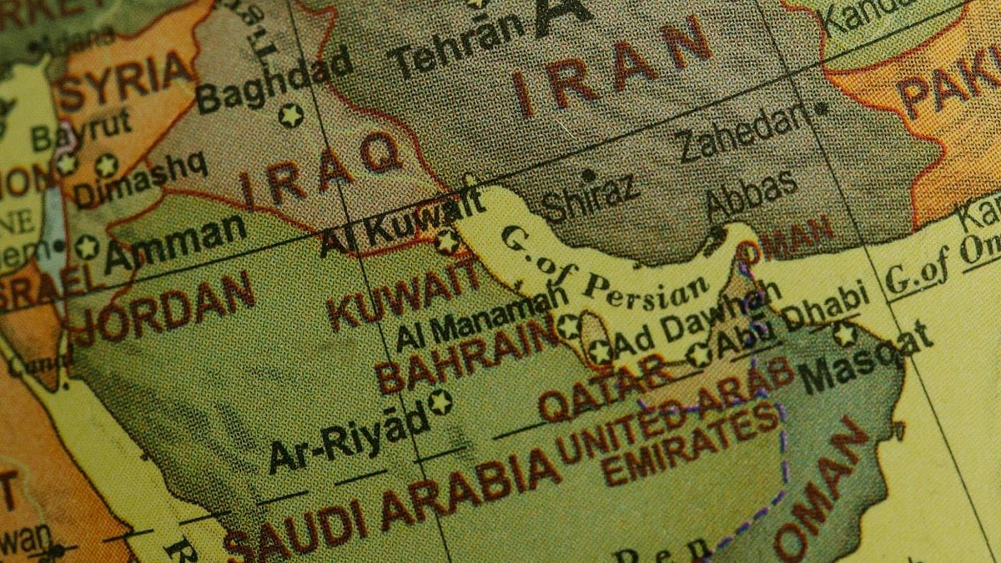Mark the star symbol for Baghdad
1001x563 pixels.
290,115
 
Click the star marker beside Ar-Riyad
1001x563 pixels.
440,402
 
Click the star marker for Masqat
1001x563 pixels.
845,334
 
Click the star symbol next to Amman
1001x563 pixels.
87,247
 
